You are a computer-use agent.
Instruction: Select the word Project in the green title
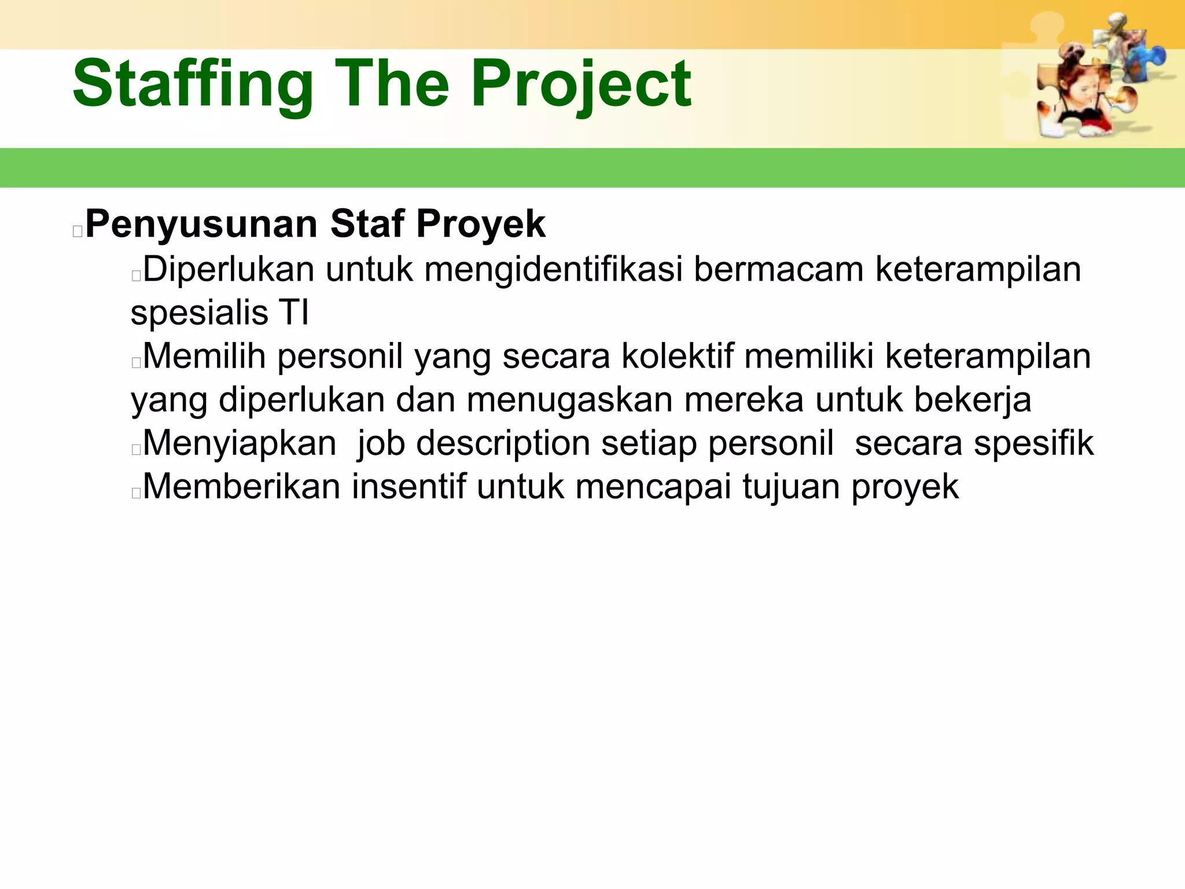point(581,85)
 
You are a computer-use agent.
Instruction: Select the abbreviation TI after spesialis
point(294,313)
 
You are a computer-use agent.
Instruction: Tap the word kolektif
point(678,356)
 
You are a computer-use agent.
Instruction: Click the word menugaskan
point(569,399)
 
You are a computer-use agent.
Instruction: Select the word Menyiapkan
point(240,443)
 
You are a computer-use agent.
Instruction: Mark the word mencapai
point(653,486)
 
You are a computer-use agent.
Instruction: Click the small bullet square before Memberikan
point(137,493)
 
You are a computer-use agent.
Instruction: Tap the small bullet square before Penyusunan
point(78,232)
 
